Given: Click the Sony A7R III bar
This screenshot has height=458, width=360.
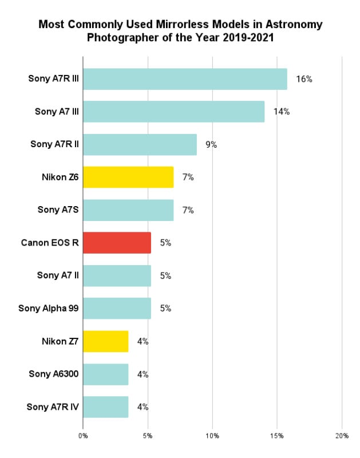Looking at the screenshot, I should pyautogui.click(x=185, y=79).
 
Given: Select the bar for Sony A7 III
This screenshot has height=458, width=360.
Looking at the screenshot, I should pyautogui.click(x=173, y=112).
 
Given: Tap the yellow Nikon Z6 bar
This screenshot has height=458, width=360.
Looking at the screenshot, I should pyautogui.click(x=128, y=177).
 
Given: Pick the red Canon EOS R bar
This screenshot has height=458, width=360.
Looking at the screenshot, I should pyautogui.click(x=117, y=243).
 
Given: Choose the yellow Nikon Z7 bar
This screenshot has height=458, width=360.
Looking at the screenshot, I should pyautogui.click(x=105, y=341).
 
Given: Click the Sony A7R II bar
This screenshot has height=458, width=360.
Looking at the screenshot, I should pyautogui.click(x=140, y=145).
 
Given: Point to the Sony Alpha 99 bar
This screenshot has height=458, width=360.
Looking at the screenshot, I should pyautogui.click(x=117, y=309).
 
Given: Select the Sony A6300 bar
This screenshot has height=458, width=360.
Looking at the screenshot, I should pyautogui.click(x=105, y=374).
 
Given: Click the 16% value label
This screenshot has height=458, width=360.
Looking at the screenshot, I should pyautogui.click(x=304, y=79).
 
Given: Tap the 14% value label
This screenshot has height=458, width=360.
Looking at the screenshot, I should pyautogui.click(x=281, y=112).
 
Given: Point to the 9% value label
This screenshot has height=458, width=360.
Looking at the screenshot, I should pyautogui.click(x=211, y=145).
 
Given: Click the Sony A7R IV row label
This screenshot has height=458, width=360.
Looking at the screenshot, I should pyautogui.click(x=53, y=407).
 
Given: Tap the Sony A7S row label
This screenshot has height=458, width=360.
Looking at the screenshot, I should pyautogui.click(x=58, y=210).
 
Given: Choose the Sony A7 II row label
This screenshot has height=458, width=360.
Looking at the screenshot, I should pyautogui.click(x=58, y=275).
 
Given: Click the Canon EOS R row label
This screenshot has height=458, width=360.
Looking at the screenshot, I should pyautogui.click(x=49, y=243).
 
